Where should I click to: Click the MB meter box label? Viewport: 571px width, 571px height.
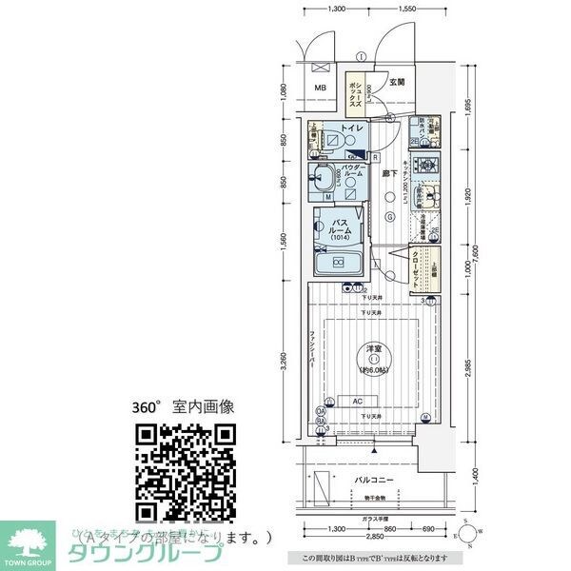[320, 89]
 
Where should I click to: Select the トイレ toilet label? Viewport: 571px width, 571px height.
[350, 127]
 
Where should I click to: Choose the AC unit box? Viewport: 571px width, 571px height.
[357, 401]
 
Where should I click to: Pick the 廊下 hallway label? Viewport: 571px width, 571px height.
[389, 174]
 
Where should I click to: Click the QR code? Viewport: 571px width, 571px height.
[185, 471]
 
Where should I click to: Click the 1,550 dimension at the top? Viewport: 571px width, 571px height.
[406, 9]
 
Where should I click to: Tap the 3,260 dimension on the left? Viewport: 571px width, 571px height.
[283, 363]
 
